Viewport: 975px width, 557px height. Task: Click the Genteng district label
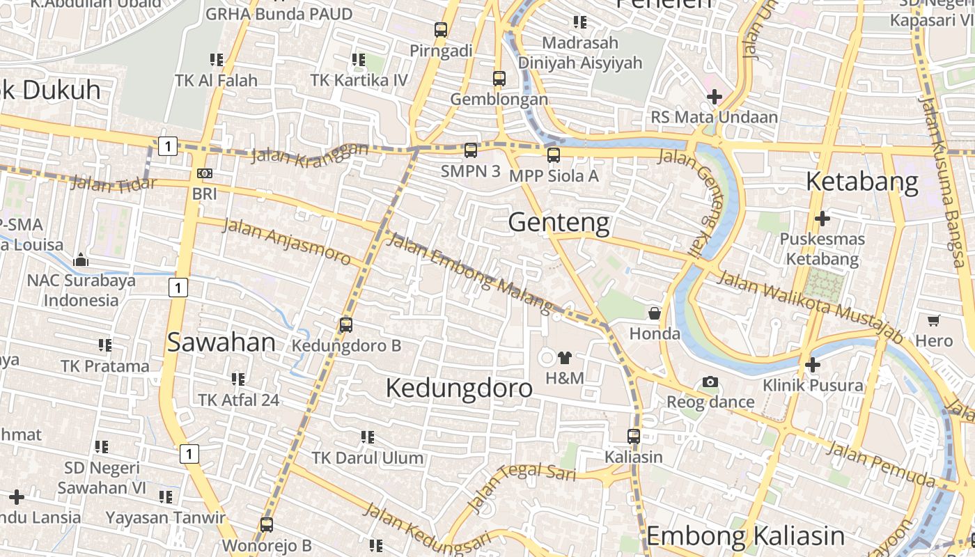tap(559, 223)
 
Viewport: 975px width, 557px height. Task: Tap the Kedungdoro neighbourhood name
tap(459, 388)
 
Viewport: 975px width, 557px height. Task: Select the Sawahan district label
tap(221, 343)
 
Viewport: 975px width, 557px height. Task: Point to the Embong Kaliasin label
tap(745, 536)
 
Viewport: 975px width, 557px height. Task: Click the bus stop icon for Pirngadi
tap(440, 29)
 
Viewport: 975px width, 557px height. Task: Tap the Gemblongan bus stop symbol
tap(499, 78)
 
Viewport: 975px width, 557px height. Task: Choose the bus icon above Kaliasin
tap(633, 437)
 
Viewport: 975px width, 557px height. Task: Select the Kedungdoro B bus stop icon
tap(346, 324)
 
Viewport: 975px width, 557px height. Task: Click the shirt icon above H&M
tap(564, 358)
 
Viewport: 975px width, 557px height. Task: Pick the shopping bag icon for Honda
tap(655, 313)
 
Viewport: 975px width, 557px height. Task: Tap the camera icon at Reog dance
tap(710, 382)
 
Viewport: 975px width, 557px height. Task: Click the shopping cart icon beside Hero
tap(933, 320)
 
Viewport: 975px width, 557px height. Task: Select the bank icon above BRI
tap(205, 173)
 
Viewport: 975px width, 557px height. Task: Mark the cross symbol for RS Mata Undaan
tap(714, 96)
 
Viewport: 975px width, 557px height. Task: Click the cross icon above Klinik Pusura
tap(812, 364)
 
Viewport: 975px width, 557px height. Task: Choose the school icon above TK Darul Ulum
tap(367, 437)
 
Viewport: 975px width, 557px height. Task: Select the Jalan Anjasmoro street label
tap(286, 241)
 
